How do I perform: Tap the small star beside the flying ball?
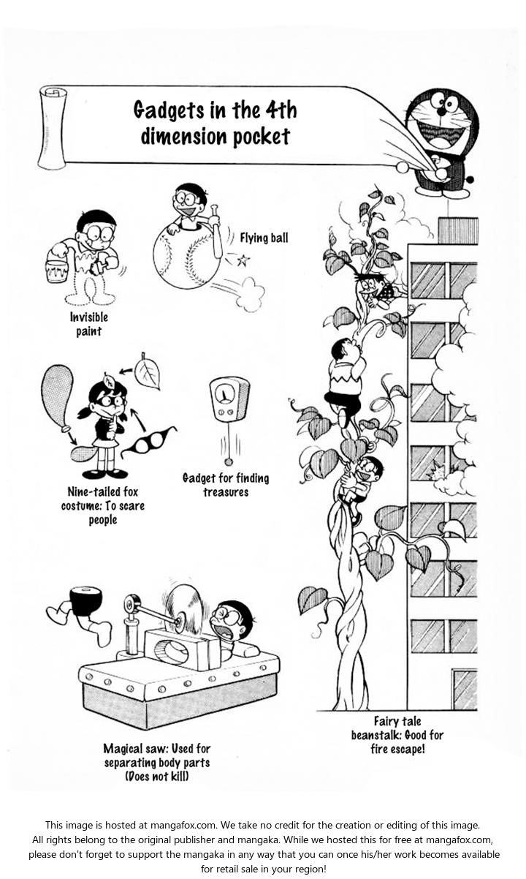click(x=243, y=260)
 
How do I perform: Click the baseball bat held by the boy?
click(x=216, y=233)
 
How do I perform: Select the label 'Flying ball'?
click(x=264, y=238)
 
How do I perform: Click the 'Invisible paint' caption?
click(x=89, y=324)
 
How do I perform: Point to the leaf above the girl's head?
click(x=148, y=371)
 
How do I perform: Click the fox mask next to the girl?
click(x=149, y=442)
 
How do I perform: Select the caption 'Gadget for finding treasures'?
click(x=226, y=485)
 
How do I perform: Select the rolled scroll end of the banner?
click(x=52, y=129)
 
